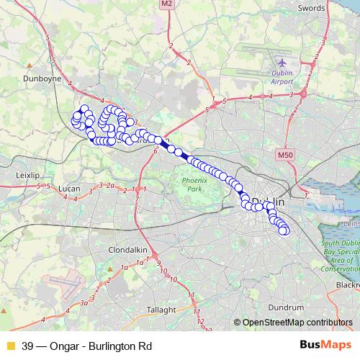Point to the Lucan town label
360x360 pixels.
pos(69,189)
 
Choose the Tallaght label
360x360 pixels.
pos(161,310)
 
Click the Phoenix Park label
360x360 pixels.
pos(194,184)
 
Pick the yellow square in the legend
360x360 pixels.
pos(10,345)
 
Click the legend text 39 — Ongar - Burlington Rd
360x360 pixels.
pos(87,345)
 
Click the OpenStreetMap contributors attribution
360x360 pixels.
pos(297,323)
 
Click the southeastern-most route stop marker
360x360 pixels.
pos(284,230)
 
